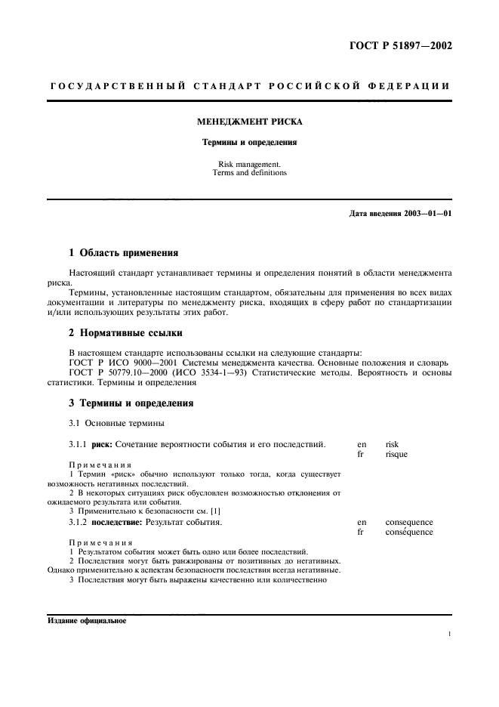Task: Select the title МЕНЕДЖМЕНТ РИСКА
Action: click(x=249, y=121)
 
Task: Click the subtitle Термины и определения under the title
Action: click(x=249, y=141)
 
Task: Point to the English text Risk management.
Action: click(x=249, y=163)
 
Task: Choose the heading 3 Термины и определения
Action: click(x=132, y=403)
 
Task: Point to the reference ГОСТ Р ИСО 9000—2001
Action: click(x=112, y=362)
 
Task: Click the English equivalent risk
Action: click(x=391, y=445)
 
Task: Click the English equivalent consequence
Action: click(x=408, y=522)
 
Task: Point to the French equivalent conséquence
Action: click(x=409, y=532)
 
